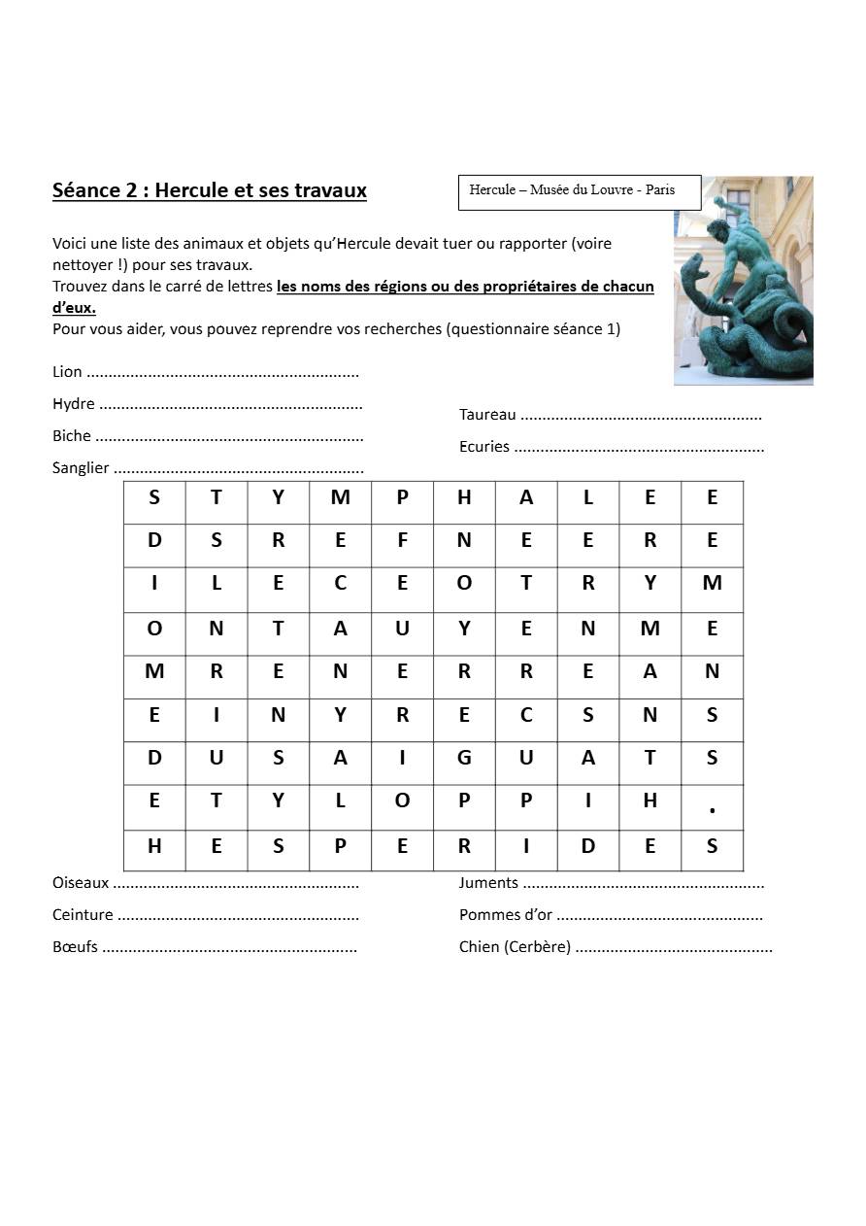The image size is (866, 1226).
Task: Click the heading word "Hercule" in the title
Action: [x=191, y=190]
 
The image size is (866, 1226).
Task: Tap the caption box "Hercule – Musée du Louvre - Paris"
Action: [x=579, y=191]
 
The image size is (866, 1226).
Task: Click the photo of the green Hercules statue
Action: [x=743, y=281]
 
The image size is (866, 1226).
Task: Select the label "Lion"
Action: [x=67, y=372]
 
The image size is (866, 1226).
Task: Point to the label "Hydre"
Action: [x=74, y=404]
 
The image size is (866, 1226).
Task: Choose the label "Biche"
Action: [x=72, y=436]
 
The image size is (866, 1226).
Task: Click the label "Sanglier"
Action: [x=81, y=468]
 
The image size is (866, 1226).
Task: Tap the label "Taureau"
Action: [x=487, y=415]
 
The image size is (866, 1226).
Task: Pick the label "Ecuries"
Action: [x=484, y=447]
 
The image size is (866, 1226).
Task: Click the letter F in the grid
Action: [x=402, y=540]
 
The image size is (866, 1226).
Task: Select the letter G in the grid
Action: [x=464, y=758]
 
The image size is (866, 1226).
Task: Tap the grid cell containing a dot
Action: [x=712, y=805]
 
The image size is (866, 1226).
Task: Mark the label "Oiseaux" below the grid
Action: [x=81, y=883]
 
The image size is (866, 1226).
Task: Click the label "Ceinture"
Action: [x=83, y=915]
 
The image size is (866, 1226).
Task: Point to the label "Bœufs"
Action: [x=75, y=946]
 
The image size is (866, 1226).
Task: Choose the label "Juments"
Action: [x=488, y=883]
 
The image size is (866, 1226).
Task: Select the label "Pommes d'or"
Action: [x=506, y=915]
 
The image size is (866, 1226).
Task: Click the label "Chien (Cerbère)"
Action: [x=515, y=946]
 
